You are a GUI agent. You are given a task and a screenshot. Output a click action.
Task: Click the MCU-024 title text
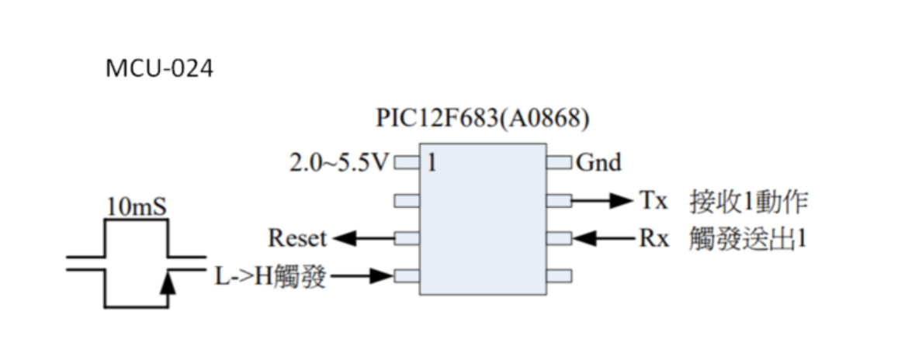click(159, 69)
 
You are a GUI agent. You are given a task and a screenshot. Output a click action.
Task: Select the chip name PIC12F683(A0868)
click(482, 121)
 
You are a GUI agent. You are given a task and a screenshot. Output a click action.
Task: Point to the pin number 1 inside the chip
click(432, 164)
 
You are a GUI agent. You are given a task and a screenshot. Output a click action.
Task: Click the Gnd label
click(598, 163)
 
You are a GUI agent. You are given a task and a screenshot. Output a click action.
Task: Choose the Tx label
click(654, 201)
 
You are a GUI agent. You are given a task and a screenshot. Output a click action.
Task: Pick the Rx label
click(654, 238)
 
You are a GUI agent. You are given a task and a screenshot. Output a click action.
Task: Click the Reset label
click(298, 238)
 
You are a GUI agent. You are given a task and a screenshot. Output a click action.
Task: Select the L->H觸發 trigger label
click(269, 275)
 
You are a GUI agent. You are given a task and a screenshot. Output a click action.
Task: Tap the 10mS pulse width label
click(136, 209)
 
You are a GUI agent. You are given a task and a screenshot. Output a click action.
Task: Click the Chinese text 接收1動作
click(749, 202)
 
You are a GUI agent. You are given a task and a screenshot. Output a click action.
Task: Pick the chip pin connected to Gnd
click(560, 164)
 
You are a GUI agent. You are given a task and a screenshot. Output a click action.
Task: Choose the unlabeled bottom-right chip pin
click(560, 275)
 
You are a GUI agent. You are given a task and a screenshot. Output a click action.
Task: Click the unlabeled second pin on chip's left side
click(407, 201)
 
